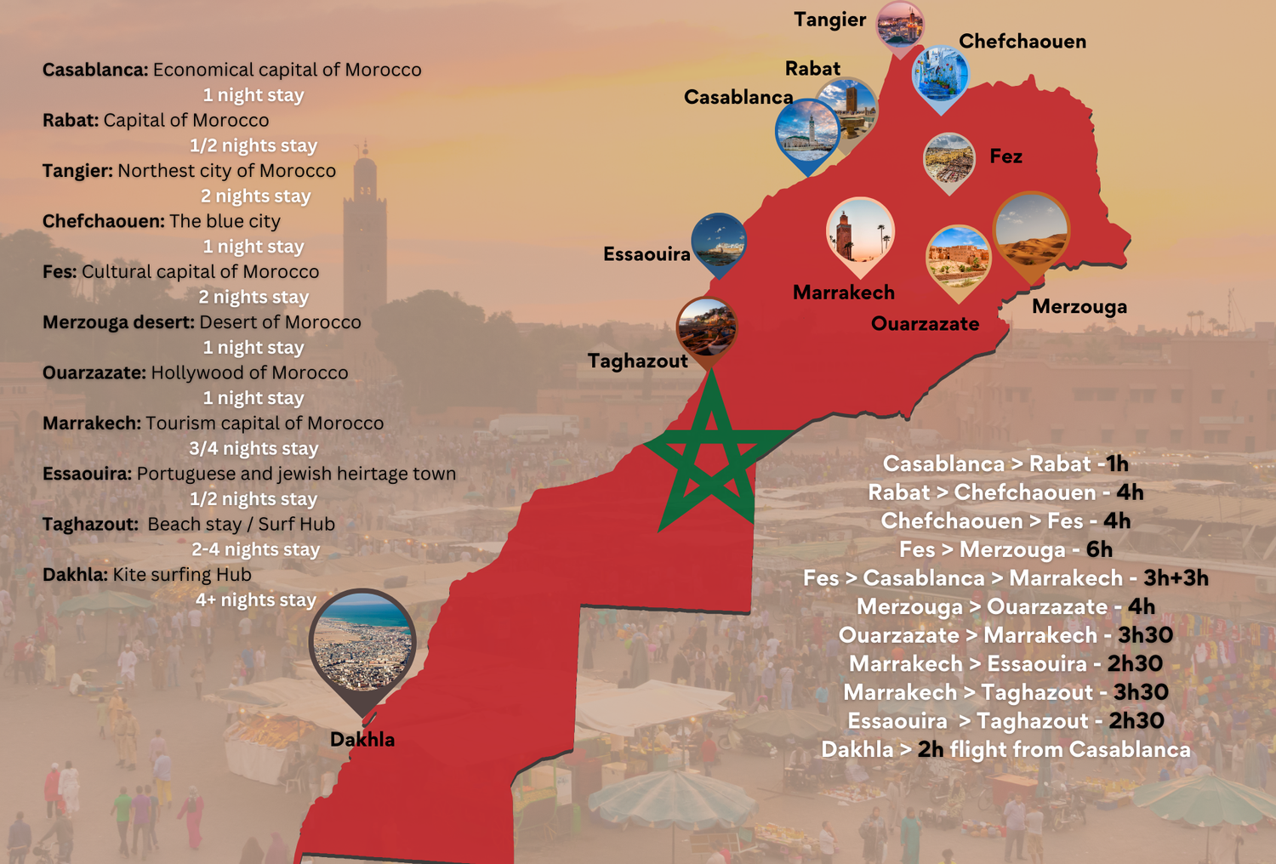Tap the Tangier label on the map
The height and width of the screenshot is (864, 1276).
click(829, 20)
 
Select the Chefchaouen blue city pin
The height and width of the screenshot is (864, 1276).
click(940, 75)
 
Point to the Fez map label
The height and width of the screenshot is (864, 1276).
click(1005, 156)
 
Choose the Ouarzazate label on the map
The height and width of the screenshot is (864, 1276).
click(925, 324)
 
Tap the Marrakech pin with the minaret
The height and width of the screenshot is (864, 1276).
click(860, 232)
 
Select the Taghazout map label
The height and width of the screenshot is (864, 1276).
click(637, 361)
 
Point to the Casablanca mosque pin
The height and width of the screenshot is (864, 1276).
click(807, 131)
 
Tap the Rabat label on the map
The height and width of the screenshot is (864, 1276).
click(812, 69)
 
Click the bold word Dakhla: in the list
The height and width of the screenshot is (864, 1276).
click(75, 575)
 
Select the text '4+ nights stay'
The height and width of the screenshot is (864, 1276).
click(255, 600)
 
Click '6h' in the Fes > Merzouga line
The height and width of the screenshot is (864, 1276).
click(1099, 549)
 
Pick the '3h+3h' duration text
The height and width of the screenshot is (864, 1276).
click(1176, 578)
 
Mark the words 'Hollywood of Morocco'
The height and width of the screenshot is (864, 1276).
click(249, 372)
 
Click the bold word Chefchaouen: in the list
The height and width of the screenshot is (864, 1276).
click(103, 221)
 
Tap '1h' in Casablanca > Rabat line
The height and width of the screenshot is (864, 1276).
click(1117, 463)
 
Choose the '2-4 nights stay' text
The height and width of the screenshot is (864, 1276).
click(255, 549)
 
